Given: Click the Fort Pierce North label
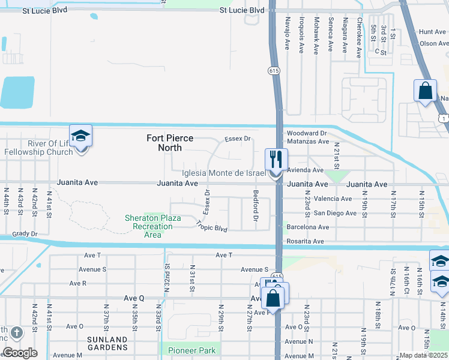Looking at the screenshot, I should click(170, 143).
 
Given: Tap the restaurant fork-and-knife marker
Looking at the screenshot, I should click(276, 160).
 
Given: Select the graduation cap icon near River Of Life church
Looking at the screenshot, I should click(80, 136).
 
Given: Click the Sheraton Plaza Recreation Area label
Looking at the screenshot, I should click(152, 226).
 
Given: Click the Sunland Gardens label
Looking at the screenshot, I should click(106, 344).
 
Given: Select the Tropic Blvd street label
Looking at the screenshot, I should click(212, 226).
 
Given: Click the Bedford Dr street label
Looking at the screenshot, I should click(256, 206).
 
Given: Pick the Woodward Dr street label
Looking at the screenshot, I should click(306, 133).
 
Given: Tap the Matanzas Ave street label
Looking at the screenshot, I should click(308, 142).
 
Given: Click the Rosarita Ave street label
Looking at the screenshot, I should click(306, 241).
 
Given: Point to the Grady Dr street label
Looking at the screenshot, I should click(25, 234).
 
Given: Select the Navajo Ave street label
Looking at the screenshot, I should click(287, 35).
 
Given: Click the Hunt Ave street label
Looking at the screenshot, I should click(433, 32).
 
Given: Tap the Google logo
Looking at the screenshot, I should click(20, 353).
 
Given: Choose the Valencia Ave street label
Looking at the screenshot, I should click(333, 199).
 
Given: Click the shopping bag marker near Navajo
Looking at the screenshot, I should click(425, 91).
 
